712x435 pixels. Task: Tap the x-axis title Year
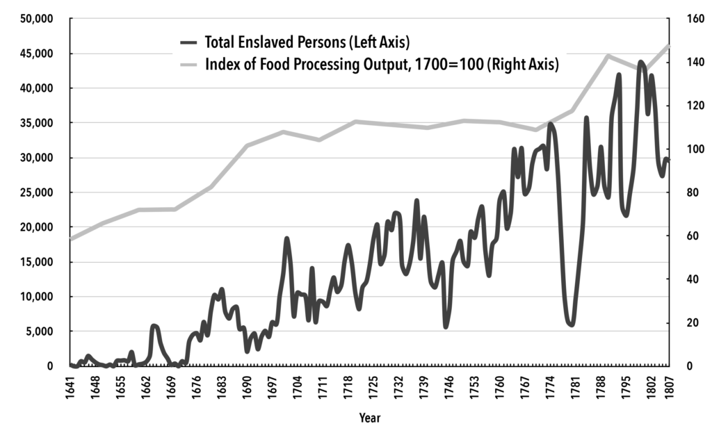[x=369, y=418]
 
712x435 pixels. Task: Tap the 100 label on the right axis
[x=678, y=149]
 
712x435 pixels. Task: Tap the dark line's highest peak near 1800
[x=640, y=63]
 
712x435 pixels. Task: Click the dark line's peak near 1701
[x=286, y=238]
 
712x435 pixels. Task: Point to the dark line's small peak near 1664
[x=154, y=326]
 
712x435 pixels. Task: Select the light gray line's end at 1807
[x=668, y=46]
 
